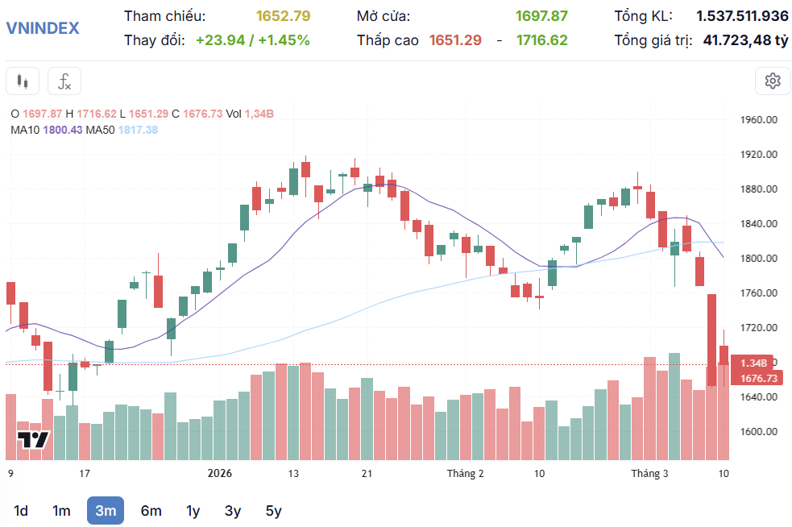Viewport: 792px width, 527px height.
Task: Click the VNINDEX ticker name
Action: [43, 27]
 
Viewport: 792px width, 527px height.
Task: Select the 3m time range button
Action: [106, 510]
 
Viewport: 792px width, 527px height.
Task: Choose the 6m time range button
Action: [151, 510]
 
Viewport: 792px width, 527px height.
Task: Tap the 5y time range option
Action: [274, 510]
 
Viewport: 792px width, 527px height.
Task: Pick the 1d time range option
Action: [22, 510]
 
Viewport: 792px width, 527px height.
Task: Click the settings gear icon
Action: [773, 81]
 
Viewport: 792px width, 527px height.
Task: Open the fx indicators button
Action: [64, 81]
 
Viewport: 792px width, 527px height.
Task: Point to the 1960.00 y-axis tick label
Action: [758, 120]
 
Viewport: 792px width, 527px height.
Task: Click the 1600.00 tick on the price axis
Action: [758, 432]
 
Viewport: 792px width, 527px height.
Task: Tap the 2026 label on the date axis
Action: [219, 474]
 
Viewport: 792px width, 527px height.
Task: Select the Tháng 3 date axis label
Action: [649, 474]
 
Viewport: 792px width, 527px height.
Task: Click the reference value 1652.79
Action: [283, 16]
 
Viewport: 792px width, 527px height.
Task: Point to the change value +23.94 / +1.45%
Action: [252, 39]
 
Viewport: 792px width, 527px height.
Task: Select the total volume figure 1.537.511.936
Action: [742, 16]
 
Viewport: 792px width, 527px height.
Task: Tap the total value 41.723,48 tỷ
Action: [745, 39]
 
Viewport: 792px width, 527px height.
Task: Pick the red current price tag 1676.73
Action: [758, 378]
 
